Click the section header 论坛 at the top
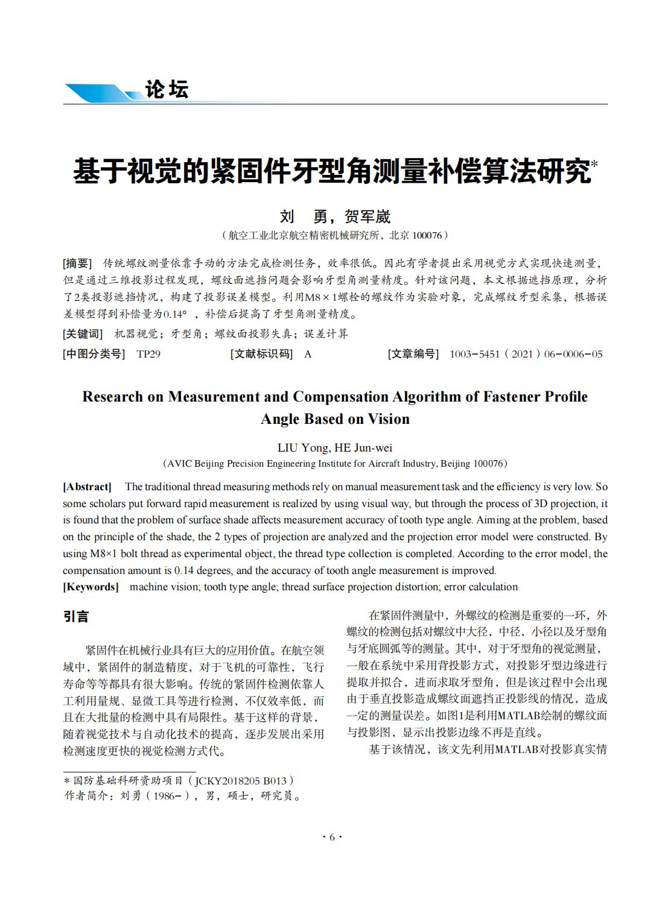click(167, 90)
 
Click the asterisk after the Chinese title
click(594, 163)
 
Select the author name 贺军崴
click(367, 216)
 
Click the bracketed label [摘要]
click(77, 263)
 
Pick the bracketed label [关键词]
click(83, 334)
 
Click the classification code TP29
click(148, 354)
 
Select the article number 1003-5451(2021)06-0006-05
click(526, 354)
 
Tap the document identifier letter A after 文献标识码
click(308, 354)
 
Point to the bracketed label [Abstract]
click(87, 487)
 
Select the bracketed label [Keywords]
click(91, 587)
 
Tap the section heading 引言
click(76, 616)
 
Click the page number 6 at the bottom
click(332, 837)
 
